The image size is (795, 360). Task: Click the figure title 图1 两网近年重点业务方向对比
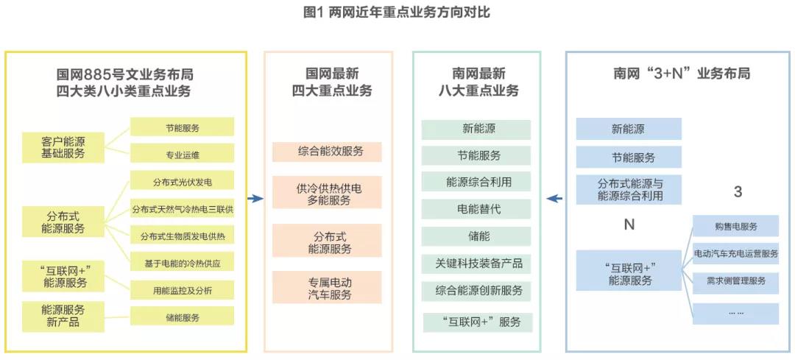point(397,13)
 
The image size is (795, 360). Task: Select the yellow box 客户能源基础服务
point(63,147)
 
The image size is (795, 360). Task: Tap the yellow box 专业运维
point(182,155)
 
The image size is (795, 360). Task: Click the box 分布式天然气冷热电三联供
point(182,209)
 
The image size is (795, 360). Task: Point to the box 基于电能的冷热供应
point(182,263)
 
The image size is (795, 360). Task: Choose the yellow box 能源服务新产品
point(63,315)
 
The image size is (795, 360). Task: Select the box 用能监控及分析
point(182,290)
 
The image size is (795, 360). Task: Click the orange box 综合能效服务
point(328,152)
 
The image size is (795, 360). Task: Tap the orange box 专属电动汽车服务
point(328,287)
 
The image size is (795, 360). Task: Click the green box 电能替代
point(476,209)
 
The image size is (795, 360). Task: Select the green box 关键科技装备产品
point(476,263)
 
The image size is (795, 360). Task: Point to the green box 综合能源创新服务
point(476,291)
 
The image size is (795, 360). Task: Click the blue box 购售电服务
point(735,226)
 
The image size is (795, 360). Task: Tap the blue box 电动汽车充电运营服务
point(735,253)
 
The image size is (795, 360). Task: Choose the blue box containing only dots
point(735,312)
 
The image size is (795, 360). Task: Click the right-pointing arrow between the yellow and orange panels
point(255,198)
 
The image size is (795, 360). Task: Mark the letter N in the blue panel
point(629,225)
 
